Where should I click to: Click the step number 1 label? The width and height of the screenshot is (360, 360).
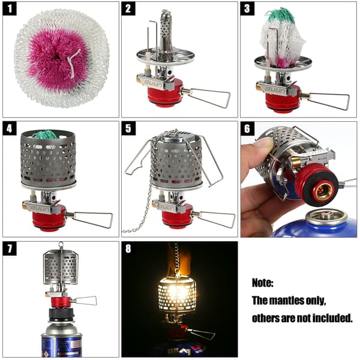(10, 9)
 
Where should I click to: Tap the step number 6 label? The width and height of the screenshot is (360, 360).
(247, 128)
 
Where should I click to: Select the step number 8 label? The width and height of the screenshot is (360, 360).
(128, 248)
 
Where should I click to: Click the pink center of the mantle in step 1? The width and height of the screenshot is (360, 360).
(58, 59)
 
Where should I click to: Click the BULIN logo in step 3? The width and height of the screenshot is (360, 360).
(275, 89)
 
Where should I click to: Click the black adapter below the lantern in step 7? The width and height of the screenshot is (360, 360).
(62, 315)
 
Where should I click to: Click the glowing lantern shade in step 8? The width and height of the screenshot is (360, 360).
(177, 295)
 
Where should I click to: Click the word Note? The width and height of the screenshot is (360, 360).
(263, 283)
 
